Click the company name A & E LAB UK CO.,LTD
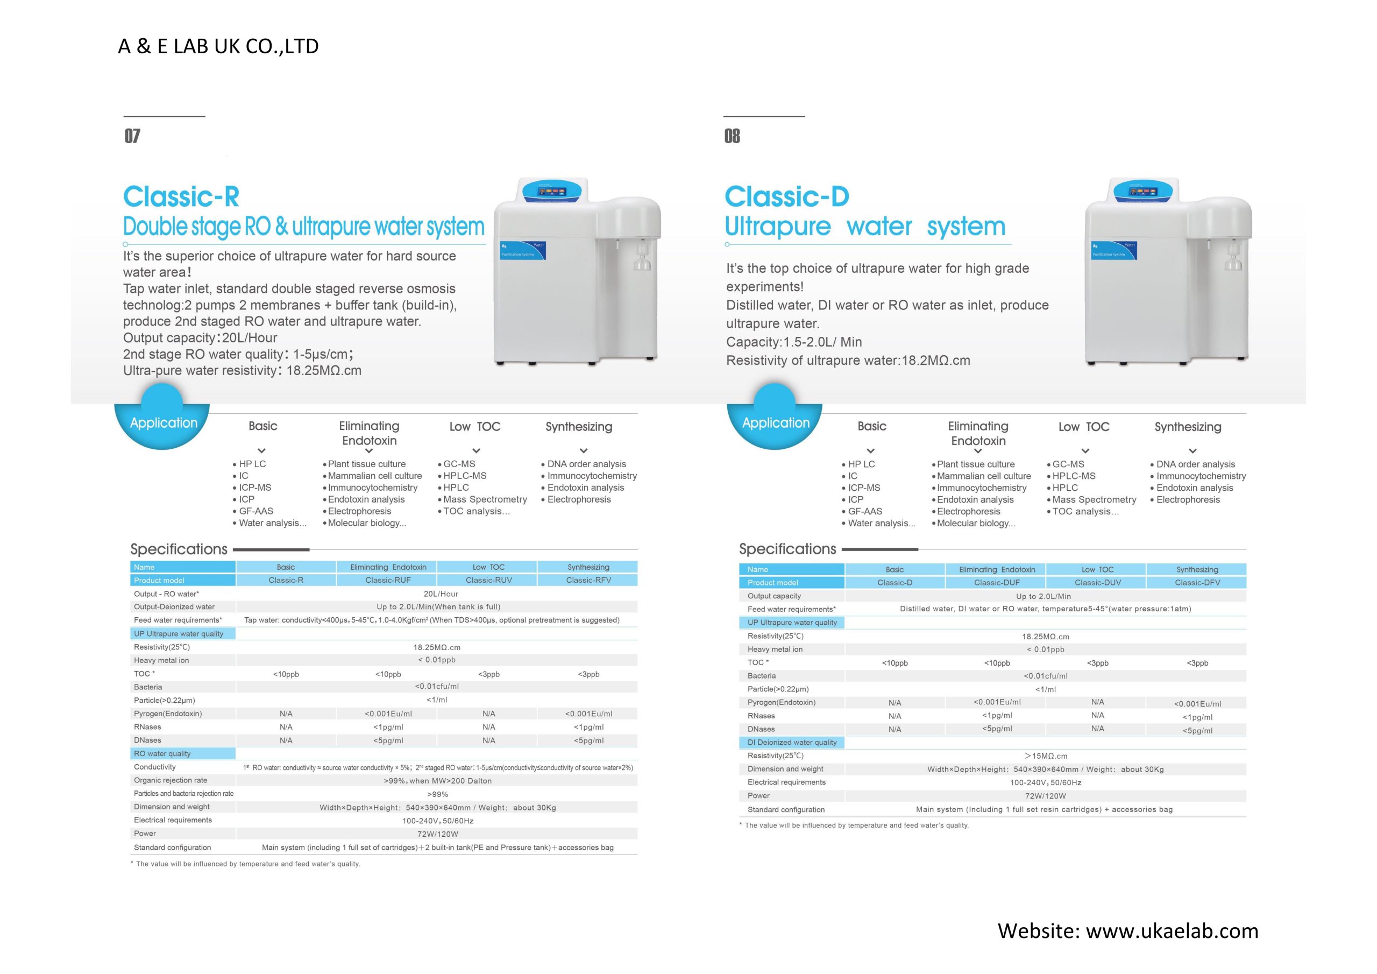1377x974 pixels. pyautogui.click(x=218, y=46)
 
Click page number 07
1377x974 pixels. pyautogui.click(x=132, y=136)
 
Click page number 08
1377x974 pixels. pyautogui.click(x=732, y=136)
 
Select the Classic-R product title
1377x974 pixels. pyautogui.click(x=181, y=196)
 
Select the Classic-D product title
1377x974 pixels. pyautogui.click(x=787, y=196)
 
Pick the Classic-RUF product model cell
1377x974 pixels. pyautogui.click(x=388, y=580)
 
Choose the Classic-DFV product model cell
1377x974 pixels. pyautogui.click(x=1197, y=583)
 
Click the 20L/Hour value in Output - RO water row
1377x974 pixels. pyautogui.click(x=441, y=594)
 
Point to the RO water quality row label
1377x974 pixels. pyautogui.click(x=162, y=754)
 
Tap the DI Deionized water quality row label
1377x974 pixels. pyautogui.click(x=792, y=743)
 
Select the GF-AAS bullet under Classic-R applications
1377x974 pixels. pyautogui.click(x=255, y=511)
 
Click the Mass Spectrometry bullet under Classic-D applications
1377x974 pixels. pyautogui.click(x=1094, y=499)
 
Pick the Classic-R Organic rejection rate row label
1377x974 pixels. pyautogui.click(x=171, y=780)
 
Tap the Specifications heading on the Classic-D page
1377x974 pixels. pyautogui.click(x=787, y=549)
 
